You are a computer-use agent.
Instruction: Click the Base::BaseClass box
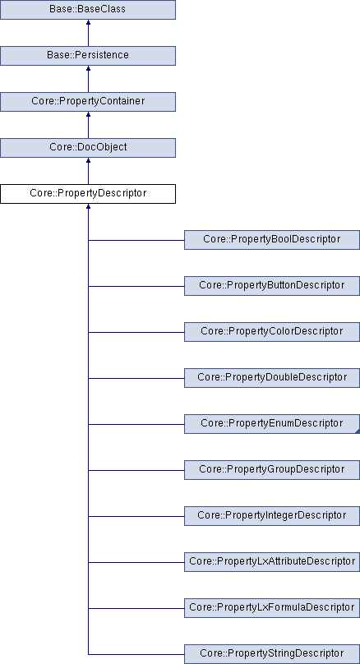88,9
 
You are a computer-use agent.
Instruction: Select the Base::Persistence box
88,56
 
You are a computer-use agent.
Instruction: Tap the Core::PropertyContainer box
88,102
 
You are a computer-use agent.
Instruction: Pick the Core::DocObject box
88,148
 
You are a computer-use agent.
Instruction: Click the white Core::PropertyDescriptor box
88,193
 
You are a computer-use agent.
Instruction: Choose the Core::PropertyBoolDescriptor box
272,240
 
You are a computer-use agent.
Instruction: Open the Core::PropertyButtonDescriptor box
272,286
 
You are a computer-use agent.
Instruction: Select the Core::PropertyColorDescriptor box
272,332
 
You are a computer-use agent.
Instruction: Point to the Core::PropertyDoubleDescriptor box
272,378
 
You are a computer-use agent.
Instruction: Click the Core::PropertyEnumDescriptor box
272,424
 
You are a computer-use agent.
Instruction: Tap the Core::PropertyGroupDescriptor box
272,470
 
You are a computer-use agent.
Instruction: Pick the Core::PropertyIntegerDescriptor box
272,516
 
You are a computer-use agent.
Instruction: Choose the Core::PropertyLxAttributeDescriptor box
272,562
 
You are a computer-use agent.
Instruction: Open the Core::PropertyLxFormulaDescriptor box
272,608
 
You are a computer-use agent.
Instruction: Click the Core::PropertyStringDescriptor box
272,654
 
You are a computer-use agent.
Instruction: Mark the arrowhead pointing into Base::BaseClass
88,22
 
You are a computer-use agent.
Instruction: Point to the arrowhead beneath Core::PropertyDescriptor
88,206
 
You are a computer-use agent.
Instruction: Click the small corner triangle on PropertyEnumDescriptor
358,431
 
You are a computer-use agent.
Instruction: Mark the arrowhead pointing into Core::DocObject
88,160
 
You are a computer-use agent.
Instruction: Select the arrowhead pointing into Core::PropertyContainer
88,114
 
